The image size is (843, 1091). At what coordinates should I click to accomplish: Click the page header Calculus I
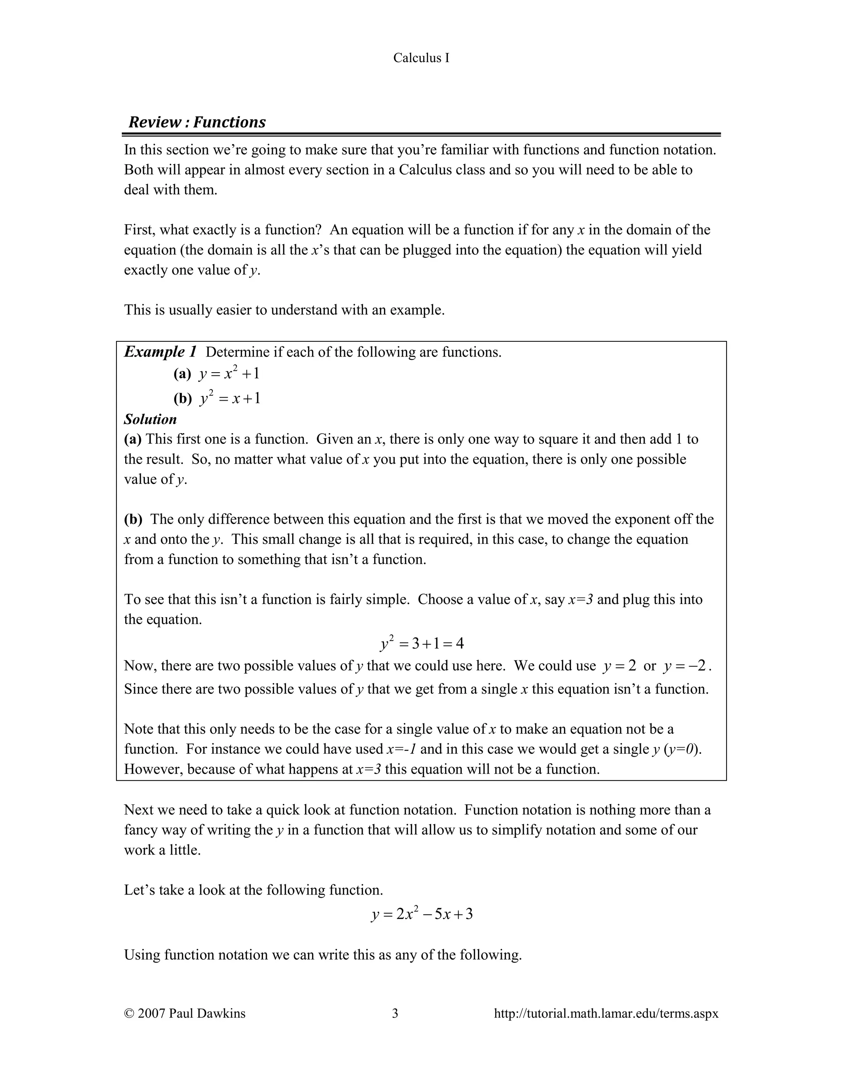[421, 58]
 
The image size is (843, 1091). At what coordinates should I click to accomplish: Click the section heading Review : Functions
[197, 122]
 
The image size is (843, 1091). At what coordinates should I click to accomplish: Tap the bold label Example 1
[160, 352]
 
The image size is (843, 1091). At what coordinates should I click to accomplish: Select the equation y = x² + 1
[229, 374]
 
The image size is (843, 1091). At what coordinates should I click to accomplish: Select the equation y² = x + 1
[230, 398]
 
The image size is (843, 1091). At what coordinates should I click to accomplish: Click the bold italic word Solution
[150, 419]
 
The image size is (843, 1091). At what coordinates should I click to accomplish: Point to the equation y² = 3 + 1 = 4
[421, 643]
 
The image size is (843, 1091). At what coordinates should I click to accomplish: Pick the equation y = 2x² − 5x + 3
[421, 914]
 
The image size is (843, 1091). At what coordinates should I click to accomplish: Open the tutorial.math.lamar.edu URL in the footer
[606, 1013]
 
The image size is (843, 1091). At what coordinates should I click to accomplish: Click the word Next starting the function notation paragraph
[138, 810]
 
